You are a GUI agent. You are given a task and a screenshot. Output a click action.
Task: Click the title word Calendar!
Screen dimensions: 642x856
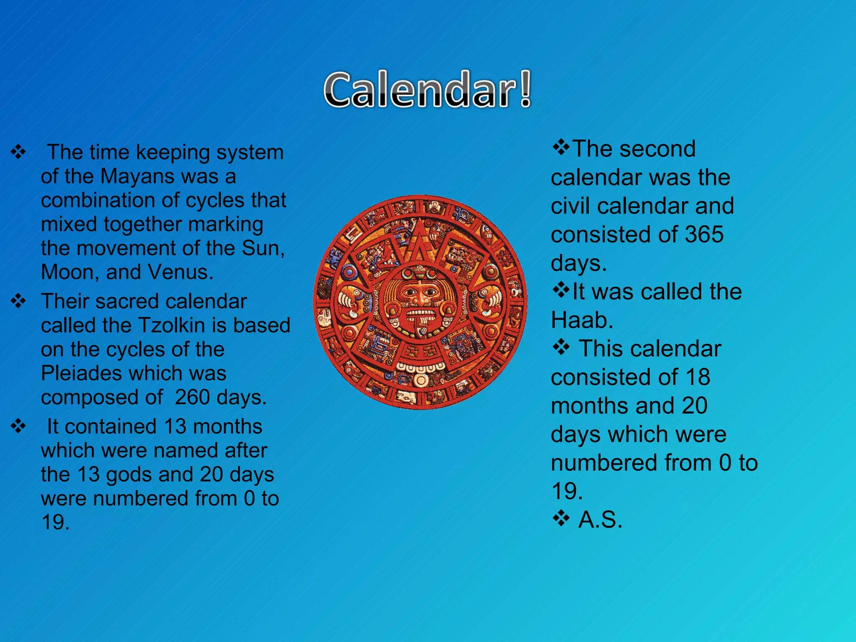pyautogui.click(x=427, y=89)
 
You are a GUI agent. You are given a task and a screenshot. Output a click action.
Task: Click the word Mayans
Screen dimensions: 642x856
pyautogui.click(x=138, y=176)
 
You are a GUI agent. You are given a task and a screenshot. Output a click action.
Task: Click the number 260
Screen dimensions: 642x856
pyautogui.click(x=192, y=397)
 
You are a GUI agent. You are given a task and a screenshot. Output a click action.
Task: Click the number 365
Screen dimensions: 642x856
pyautogui.click(x=704, y=234)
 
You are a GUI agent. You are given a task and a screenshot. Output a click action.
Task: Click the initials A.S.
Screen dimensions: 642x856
pyautogui.click(x=600, y=520)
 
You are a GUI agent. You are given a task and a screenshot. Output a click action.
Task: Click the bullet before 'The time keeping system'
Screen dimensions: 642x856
pyautogui.click(x=18, y=152)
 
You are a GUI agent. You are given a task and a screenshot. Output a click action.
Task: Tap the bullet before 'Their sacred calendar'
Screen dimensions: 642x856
pyautogui.click(x=18, y=301)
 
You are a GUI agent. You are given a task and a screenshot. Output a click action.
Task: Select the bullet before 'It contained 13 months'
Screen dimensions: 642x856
pyautogui.click(x=18, y=427)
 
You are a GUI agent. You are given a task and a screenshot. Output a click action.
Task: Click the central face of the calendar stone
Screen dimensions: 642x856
pyautogui.click(x=420, y=297)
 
